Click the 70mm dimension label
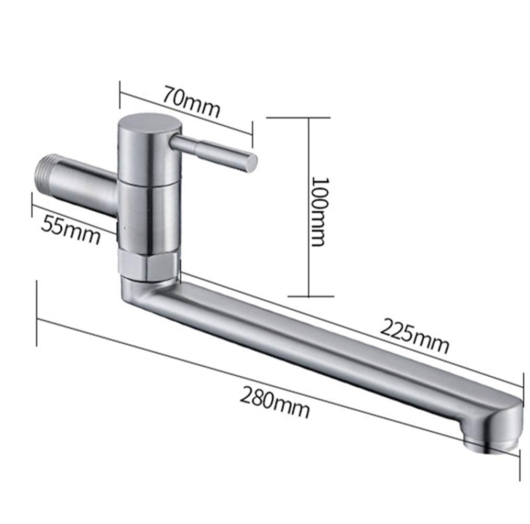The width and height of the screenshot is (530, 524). click(191, 100)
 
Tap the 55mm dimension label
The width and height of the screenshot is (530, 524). click(70, 228)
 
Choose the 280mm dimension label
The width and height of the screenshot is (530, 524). click(274, 400)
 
